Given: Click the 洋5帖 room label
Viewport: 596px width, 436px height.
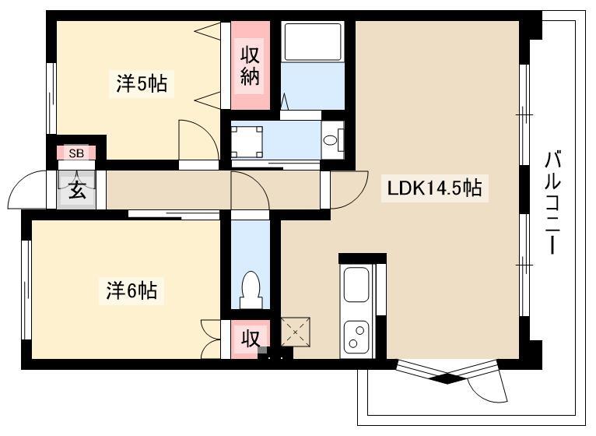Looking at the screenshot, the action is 142,84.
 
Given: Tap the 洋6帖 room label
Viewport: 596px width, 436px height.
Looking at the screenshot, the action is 131,290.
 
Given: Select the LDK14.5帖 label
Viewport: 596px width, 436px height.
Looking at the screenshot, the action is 434,188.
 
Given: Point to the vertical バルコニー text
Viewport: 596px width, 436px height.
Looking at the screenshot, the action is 552,202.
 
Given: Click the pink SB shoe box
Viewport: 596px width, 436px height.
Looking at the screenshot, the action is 76,153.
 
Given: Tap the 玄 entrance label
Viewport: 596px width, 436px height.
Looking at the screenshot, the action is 77,190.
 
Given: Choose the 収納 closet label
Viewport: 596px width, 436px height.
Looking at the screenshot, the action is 250,65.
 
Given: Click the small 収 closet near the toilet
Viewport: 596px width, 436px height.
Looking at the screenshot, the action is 251,339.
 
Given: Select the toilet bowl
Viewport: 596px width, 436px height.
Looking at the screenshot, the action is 251,289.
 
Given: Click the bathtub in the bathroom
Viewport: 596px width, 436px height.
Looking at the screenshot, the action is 313,42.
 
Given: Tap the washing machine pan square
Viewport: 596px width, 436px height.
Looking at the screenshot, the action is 247,142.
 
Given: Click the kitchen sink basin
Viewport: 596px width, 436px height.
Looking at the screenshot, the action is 356,285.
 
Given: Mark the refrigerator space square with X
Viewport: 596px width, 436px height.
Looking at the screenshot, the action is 296,332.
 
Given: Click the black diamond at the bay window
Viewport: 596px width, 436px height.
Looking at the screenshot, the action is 447,379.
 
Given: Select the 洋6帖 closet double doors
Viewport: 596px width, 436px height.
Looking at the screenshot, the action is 211,339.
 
